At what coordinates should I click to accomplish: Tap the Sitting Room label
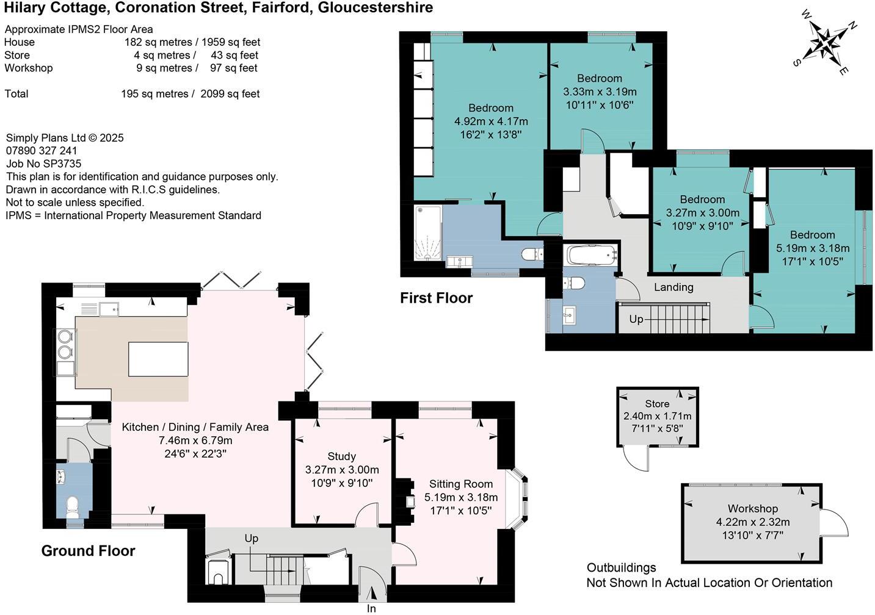coord(461,484)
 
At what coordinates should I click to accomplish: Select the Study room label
coord(342,456)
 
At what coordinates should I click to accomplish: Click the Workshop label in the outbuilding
coord(753,508)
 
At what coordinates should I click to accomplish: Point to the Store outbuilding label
coord(657,403)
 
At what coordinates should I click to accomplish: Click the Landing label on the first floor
coord(674,287)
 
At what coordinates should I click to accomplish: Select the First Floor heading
coord(437,298)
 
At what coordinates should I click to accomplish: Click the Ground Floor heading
coord(89,550)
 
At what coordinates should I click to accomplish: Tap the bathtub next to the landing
coord(592,255)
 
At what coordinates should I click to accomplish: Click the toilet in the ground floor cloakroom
coord(72,506)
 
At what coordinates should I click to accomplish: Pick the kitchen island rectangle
coord(158,359)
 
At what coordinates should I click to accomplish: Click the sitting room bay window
coord(517,499)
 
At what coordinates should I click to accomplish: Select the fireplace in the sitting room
coord(405,501)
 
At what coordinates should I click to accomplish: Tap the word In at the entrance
coord(371,608)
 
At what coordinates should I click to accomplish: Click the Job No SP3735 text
coord(44,164)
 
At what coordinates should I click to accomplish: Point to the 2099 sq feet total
coord(230,94)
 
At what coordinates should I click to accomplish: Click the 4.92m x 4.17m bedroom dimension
coord(491,121)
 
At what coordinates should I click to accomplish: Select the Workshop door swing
coord(835,523)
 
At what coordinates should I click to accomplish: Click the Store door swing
coord(636,459)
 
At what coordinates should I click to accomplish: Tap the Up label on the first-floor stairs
coord(636,319)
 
